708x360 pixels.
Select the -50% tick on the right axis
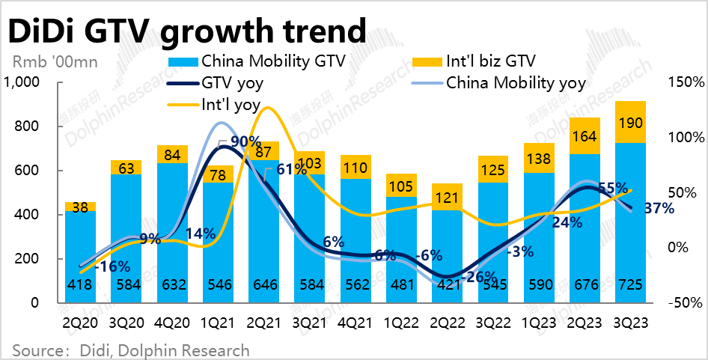point(684,302)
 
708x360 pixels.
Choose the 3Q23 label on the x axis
point(629,323)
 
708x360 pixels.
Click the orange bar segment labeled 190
point(629,122)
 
